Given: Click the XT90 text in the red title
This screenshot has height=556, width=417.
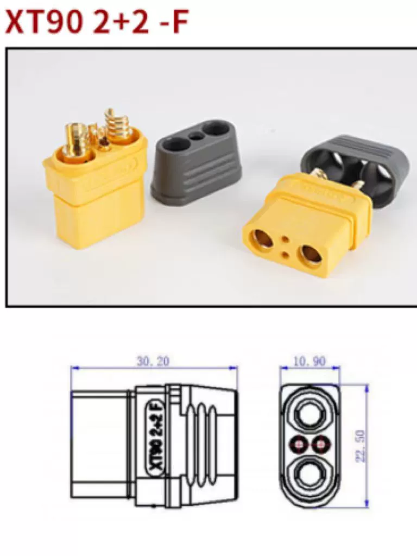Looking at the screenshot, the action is click(x=41, y=22).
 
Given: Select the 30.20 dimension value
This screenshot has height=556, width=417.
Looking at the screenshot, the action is click(x=153, y=361).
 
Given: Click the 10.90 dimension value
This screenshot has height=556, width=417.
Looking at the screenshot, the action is click(x=309, y=361).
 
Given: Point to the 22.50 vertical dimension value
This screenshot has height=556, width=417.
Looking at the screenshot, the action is click(x=360, y=446).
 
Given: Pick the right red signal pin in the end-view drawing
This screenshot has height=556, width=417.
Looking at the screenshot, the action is click(x=320, y=444).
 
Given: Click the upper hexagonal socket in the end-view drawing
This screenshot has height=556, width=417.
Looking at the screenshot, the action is click(x=309, y=413).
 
